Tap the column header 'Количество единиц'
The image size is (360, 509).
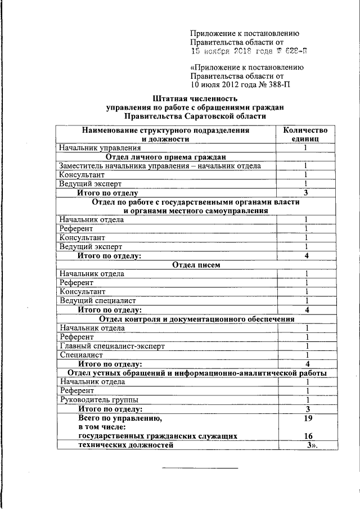pyautogui.click(x=305, y=134)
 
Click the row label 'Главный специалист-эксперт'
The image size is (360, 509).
pyautogui.click(x=112, y=346)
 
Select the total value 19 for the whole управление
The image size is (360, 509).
pyautogui.click(x=307, y=418)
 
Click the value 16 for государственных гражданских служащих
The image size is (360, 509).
pyautogui.click(x=308, y=436)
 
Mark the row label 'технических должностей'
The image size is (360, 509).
pyautogui.click(x=125, y=445)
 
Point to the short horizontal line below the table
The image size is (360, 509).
pyautogui.click(x=200, y=468)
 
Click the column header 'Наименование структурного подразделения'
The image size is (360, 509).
pyautogui.click(x=165, y=130)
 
